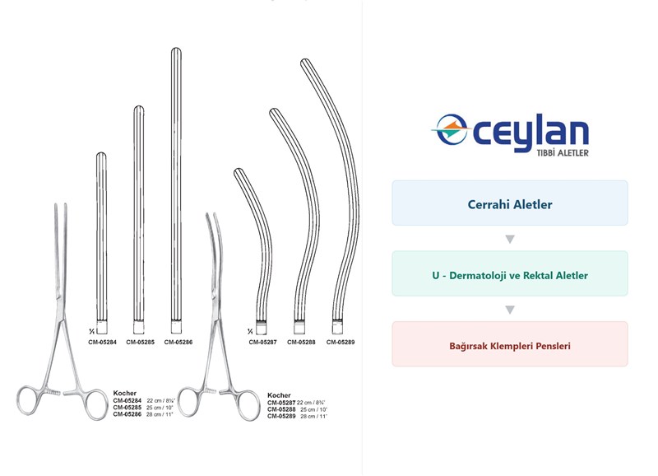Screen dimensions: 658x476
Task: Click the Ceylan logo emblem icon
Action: [x=449, y=129]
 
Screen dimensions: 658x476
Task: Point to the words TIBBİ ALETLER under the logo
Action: [x=563, y=153]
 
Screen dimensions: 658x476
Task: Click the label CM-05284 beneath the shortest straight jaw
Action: [x=102, y=343]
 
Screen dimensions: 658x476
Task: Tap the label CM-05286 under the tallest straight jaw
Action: [x=178, y=343]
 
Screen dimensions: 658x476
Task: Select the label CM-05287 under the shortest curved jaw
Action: [x=262, y=343]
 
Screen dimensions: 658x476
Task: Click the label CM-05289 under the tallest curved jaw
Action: [x=341, y=343]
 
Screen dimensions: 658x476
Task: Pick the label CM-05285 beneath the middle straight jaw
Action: [x=140, y=343]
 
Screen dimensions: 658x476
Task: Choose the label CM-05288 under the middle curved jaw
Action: [x=301, y=343]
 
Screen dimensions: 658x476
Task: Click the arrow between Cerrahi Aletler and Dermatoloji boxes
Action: [x=510, y=239]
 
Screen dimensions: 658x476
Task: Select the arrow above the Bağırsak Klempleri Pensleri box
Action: [x=510, y=310]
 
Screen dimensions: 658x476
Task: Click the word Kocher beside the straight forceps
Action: [x=125, y=394]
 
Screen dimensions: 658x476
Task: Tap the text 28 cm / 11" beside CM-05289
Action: [x=313, y=417]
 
